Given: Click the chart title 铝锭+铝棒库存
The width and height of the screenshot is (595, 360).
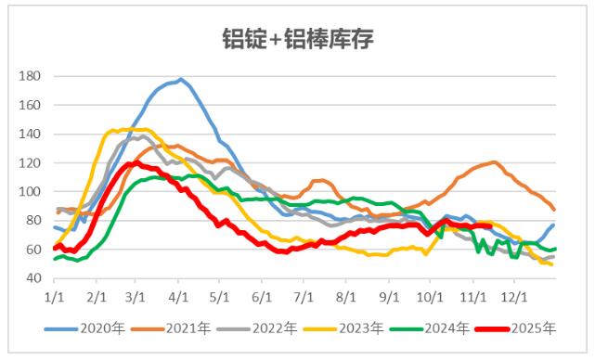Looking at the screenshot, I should pyautogui.click(x=297, y=39).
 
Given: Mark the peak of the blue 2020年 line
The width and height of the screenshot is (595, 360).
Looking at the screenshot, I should pyautogui.click(x=180, y=79).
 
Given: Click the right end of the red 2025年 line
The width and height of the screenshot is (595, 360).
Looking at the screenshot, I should pyautogui.click(x=489, y=226).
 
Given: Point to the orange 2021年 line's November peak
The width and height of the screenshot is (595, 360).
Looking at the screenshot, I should pyautogui.click(x=495, y=162).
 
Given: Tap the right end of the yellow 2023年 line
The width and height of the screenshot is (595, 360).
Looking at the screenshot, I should pyautogui.click(x=552, y=264).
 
